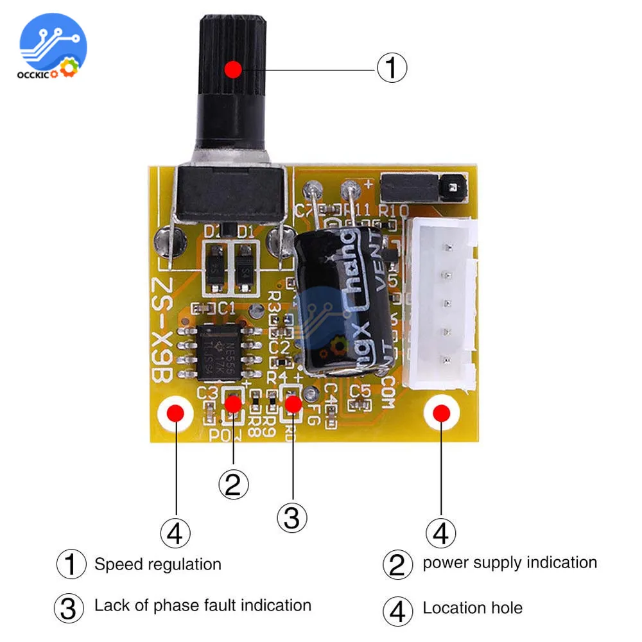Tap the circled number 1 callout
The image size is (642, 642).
pos(391,67)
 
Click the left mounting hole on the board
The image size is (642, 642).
pos(175,414)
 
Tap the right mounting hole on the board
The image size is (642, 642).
pos(441,413)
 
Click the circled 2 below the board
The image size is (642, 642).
pos(232,484)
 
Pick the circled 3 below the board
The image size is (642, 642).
pos(291,517)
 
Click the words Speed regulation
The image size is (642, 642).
pos(157,564)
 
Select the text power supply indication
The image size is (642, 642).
pos(510,563)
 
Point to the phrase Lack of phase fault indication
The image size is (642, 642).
pos(202,605)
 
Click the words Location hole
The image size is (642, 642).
pos(472,607)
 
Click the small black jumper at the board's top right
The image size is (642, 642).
pos(424,187)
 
